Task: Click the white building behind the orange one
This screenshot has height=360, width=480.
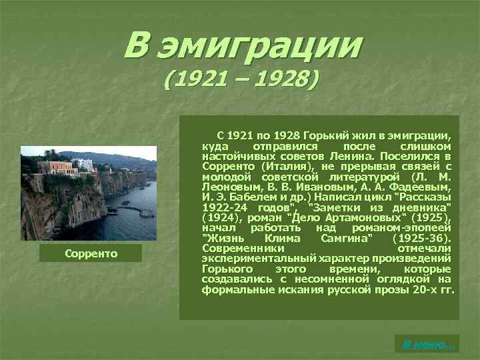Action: point(83,163)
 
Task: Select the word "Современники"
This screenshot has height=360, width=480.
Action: point(239,248)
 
